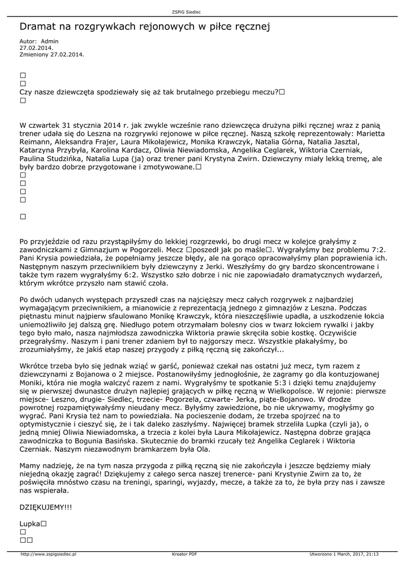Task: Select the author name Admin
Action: click(x=50, y=41)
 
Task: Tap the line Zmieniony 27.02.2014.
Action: click(x=51, y=54)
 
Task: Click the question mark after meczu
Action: click(x=276, y=92)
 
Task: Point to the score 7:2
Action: click(x=377, y=249)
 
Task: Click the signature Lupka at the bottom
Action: click(x=29, y=524)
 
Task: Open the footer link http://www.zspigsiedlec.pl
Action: click(x=49, y=554)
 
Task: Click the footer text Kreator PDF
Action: click(x=184, y=554)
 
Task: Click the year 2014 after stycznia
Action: click(x=112, y=125)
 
